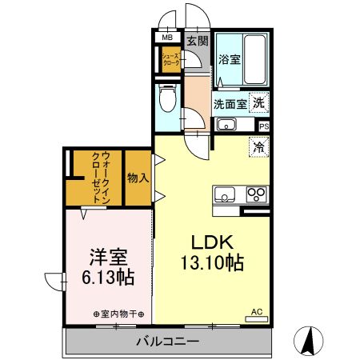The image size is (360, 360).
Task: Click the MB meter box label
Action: click(x=168, y=38)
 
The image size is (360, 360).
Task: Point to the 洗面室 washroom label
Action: click(x=228, y=103)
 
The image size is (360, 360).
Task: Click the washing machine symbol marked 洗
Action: click(x=258, y=102)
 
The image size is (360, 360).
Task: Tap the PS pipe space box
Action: click(x=264, y=126)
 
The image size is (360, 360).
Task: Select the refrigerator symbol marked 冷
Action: click(x=258, y=146)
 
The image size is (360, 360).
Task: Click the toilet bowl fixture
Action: click(x=167, y=100)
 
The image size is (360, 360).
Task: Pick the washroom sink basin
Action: click(x=226, y=124)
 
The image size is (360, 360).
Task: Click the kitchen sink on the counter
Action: click(x=223, y=194)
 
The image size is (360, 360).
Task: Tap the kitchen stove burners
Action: click(x=258, y=194)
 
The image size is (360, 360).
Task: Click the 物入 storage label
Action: click(x=138, y=178)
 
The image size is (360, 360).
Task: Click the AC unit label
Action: click(x=256, y=311)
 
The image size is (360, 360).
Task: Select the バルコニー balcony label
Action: click(x=167, y=342)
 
